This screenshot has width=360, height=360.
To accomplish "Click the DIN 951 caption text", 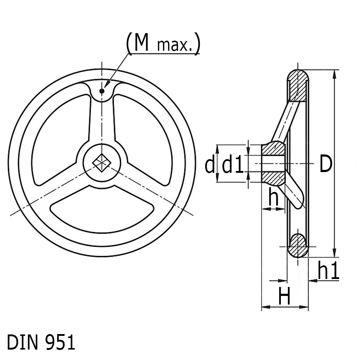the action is [41, 342].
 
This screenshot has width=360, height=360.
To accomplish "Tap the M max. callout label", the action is [163, 43].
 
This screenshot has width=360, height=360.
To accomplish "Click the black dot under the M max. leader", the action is [102, 91].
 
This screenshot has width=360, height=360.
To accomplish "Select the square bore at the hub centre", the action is [102, 163].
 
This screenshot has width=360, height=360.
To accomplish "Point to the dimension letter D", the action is [326, 164].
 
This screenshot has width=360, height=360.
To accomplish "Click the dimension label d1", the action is [233, 164].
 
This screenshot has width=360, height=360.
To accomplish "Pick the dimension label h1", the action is [328, 270].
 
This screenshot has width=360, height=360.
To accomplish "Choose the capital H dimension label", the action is [284, 296].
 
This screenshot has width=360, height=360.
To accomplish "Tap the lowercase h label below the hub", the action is [274, 197].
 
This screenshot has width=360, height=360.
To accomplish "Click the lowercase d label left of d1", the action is [210, 164].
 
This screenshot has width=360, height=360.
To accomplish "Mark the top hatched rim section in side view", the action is [298, 86].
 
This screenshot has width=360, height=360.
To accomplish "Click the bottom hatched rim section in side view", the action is [298, 246].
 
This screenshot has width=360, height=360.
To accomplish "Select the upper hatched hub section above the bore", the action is [274, 149].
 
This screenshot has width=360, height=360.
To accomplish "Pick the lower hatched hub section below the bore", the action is [274, 179].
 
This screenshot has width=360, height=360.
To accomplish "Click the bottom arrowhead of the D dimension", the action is [335, 253].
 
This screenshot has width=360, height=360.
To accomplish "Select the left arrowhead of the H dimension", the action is [266, 307].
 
